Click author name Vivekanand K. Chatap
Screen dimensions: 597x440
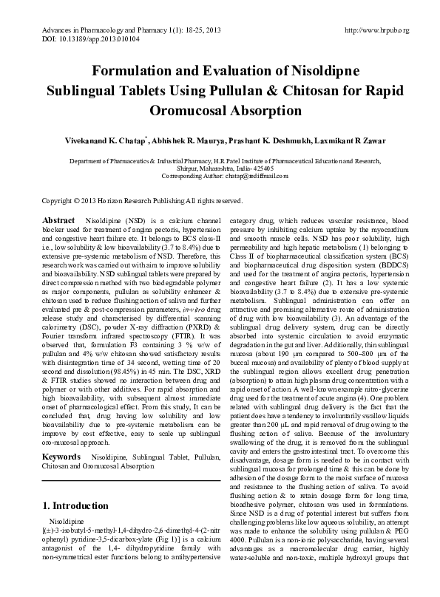(113, 141)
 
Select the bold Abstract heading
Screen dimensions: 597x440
(58, 221)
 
